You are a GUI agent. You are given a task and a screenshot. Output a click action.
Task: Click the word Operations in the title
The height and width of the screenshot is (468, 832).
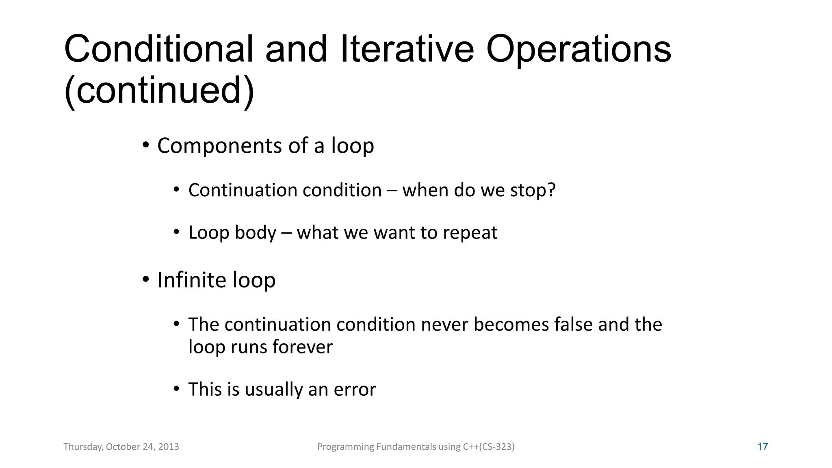[578, 50]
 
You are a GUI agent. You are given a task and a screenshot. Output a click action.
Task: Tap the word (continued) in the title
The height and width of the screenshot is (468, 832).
[159, 90]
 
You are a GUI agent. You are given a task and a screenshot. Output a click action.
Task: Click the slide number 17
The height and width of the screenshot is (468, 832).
[763, 447]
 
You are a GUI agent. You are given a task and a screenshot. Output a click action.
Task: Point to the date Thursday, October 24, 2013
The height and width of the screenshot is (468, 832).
[121, 447]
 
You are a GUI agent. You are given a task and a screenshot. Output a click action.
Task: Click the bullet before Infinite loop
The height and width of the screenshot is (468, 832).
[145, 279]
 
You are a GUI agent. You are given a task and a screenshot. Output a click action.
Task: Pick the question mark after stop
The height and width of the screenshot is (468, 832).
[551, 190]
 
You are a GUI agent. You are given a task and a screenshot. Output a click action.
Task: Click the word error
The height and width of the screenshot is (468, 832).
[355, 390]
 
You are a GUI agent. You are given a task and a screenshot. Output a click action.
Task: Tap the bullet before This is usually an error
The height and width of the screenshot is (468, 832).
[176, 389]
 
